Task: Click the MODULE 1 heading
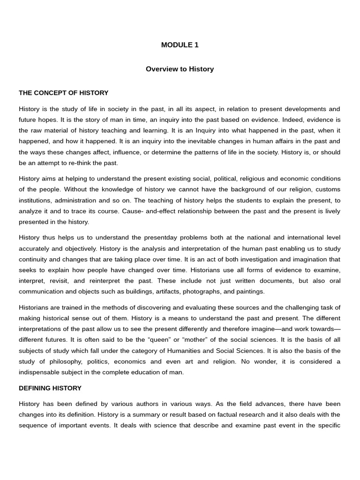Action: click(180, 45)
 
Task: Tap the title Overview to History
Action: click(180, 69)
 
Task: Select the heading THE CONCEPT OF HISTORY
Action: click(63, 93)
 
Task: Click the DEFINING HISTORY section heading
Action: click(50, 388)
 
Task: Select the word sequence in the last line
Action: click(33, 425)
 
